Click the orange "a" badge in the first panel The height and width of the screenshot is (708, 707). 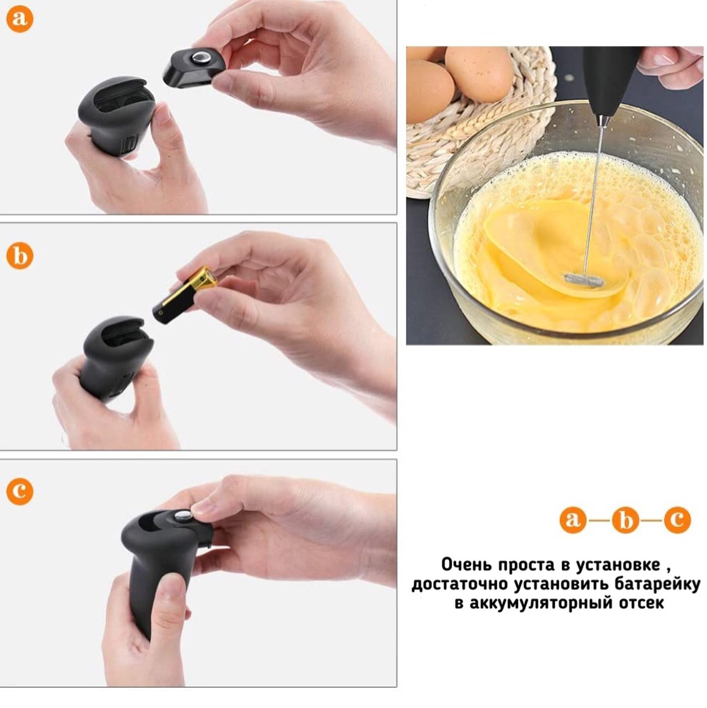20,19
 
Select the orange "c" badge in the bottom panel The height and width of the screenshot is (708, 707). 20,491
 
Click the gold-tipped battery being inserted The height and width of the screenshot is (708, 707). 185,295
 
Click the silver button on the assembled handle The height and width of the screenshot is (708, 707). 182,515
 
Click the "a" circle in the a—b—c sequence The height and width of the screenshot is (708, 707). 573,520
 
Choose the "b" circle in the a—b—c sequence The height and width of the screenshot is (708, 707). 626,520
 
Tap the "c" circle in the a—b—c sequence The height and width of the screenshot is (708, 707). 677,520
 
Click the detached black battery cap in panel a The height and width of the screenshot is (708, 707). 194,67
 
